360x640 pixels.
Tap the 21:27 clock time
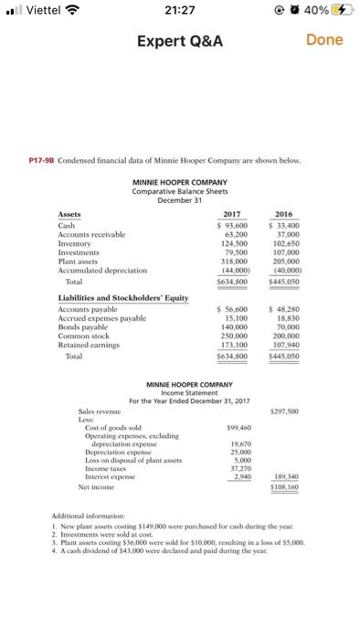tap(179, 11)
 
